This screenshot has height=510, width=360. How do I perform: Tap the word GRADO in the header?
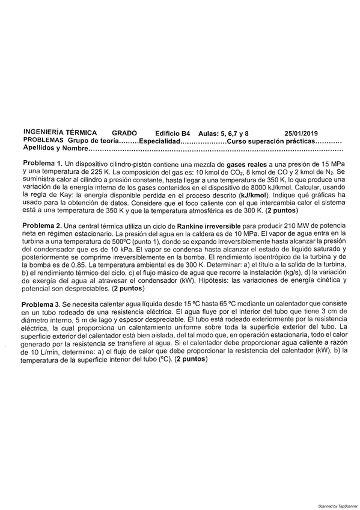[124, 133]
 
